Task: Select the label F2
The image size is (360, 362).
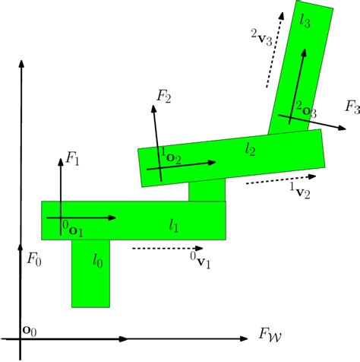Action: [164, 96]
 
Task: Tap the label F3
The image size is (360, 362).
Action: [352, 107]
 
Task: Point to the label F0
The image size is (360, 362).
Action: [33, 260]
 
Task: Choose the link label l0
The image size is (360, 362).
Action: [98, 261]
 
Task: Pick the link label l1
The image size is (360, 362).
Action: [174, 224]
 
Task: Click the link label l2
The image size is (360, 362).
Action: [251, 150]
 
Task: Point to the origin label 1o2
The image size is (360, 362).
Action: [170, 157]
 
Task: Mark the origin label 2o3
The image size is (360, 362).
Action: [305, 110]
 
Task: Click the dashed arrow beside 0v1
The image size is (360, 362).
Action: [166, 248]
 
